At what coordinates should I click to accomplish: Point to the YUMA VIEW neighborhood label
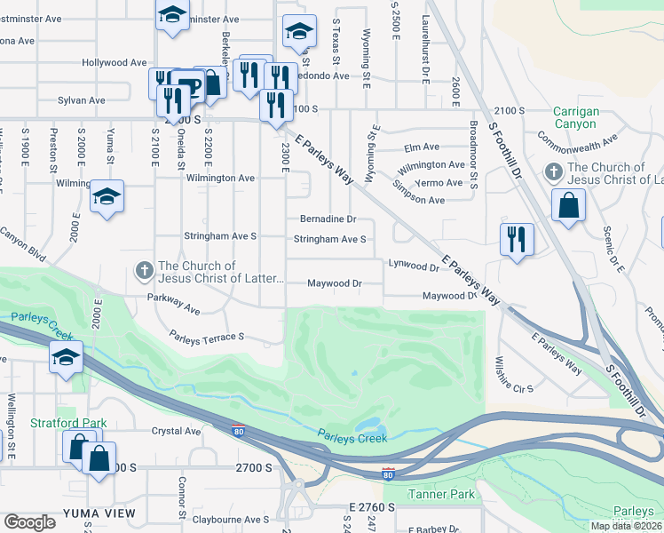(x=99, y=513)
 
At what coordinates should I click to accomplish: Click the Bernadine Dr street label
(x=328, y=219)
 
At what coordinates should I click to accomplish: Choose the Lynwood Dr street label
(x=414, y=266)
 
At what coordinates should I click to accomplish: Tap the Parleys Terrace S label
(x=207, y=338)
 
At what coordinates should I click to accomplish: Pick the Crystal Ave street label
(x=177, y=431)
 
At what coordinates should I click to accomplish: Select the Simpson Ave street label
(x=420, y=201)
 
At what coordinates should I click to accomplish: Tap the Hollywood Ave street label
(x=115, y=63)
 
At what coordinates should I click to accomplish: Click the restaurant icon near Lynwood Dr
(x=516, y=239)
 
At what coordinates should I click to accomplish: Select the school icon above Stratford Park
(x=66, y=358)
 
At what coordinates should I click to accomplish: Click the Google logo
(x=30, y=522)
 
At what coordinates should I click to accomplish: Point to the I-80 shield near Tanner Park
(x=388, y=473)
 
